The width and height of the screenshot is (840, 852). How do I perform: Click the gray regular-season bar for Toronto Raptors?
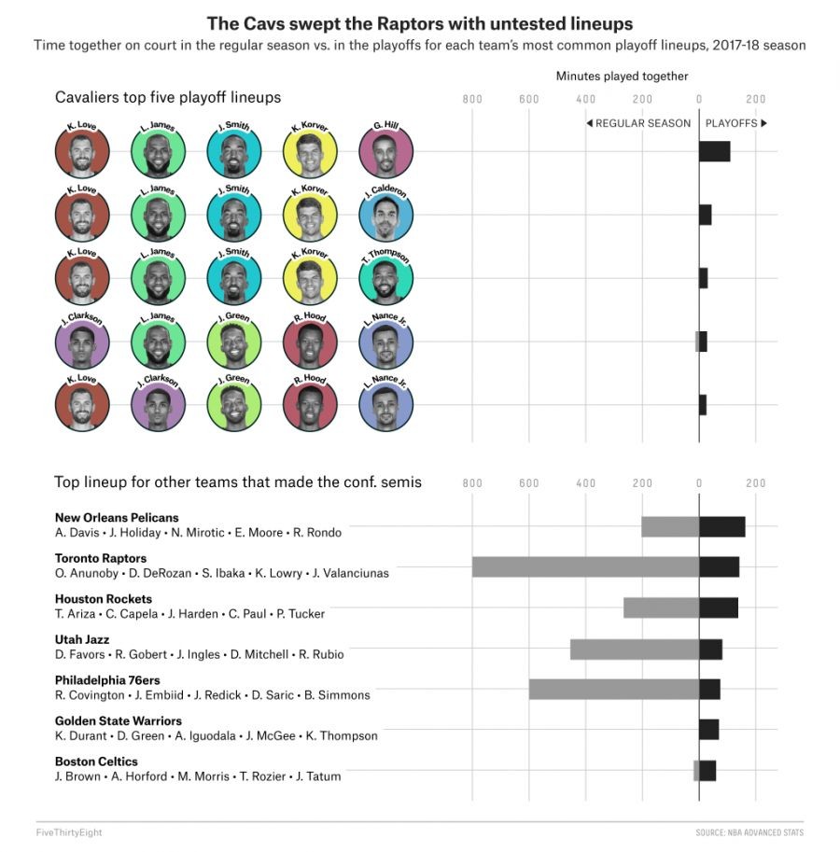pos(585,566)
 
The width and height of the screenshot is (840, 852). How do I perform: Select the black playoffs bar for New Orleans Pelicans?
pos(721,526)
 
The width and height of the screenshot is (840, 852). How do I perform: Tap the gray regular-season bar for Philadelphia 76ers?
pos(614,689)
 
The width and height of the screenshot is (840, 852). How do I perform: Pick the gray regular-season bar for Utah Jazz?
pos(635,649)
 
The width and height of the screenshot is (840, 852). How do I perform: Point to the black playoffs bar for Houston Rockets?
pos(718,608)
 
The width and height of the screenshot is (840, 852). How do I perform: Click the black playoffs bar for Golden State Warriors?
pos(708,729)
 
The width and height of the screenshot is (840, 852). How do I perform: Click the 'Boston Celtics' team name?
pos(96,761)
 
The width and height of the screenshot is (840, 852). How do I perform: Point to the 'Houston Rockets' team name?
pos(104,599)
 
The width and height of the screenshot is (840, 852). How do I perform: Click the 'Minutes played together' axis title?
pos(622,77)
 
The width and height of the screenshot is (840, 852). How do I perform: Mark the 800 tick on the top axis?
pos(472,99)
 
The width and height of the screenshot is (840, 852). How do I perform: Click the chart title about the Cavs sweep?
pos(419,23)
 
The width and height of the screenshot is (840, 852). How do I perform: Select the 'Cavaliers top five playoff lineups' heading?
pos(168,97)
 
